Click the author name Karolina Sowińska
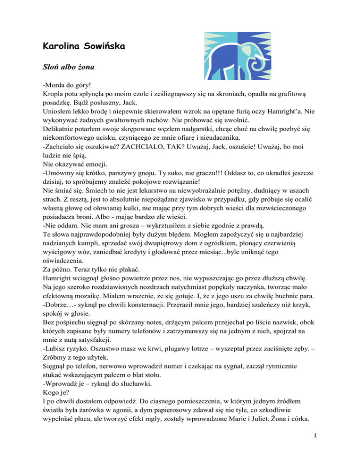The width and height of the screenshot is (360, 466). coord(83,46)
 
